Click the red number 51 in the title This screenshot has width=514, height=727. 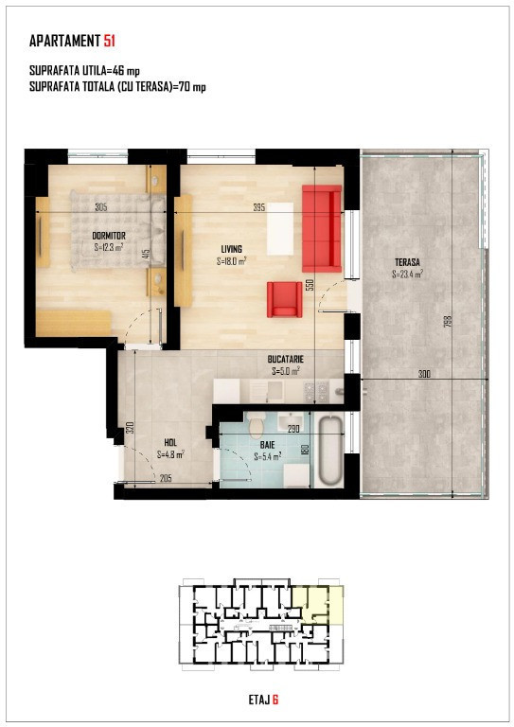(x=110, y=41)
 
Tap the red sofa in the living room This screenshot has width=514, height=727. (x=322, y=228)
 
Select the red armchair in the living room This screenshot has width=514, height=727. (x=284, y=299)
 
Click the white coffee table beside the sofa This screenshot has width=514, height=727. (x=280, y=228)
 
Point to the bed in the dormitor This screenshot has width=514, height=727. (x=118, y=230)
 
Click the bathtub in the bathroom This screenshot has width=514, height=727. (x=329, y=451)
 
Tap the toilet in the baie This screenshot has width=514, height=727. (x=256, y=426)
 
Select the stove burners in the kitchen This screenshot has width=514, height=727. (x=315, y=392)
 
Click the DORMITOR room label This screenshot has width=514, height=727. (x=109, y=236)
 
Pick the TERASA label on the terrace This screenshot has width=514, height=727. (x=407, y=262)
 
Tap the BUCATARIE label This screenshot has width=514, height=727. (x=286, y=360)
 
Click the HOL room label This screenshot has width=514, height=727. (x=170, y=443)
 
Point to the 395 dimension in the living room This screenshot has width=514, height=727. (x=259, y=207)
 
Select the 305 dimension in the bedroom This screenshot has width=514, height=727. (x=101, y=207)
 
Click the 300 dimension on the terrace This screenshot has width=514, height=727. (x=424, y=374)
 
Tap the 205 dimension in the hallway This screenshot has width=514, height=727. (x=166, y=478)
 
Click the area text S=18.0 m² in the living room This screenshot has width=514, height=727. (x=231, y=261)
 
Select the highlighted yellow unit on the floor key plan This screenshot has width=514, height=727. (x=318, y=604)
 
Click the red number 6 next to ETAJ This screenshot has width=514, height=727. (x=275, y=700)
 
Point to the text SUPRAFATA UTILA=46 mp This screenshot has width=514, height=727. (x=84, y=70)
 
